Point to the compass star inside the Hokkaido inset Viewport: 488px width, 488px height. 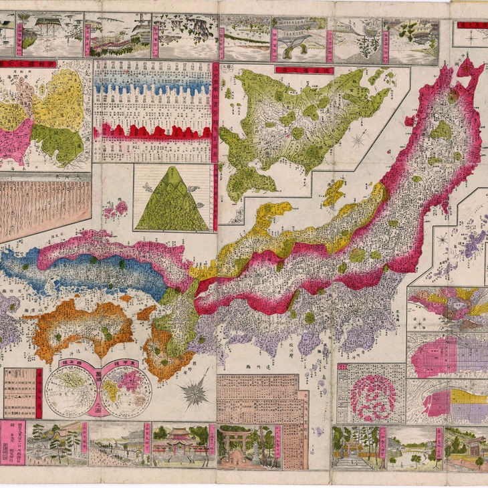[360, 139]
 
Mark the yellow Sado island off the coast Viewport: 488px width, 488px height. [334, 193]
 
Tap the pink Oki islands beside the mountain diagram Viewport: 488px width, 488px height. [114, 209]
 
